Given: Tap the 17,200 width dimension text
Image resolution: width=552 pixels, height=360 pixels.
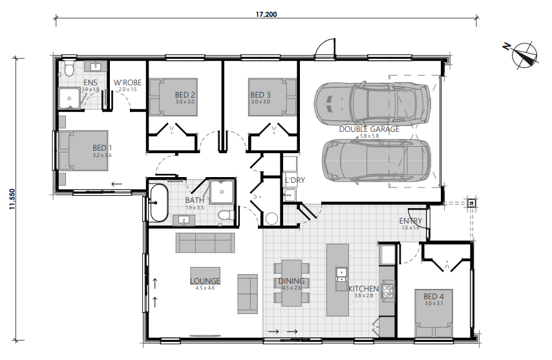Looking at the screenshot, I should click(x=266, y=14).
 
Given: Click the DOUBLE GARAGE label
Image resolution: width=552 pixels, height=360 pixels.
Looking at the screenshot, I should click(x=369, y=129).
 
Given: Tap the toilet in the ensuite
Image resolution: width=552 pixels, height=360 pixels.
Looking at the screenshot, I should click(x=69, y=69).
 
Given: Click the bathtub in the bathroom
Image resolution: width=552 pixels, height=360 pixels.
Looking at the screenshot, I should click(x=158, y=202).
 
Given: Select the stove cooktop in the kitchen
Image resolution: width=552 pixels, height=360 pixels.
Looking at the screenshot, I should click(x=388, y=291).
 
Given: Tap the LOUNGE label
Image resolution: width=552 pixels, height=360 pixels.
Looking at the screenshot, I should click(x=205, y=281).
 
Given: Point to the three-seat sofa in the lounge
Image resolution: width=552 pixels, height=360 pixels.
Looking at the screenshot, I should click(x=205, y=243).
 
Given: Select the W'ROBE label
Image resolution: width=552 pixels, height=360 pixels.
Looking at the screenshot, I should click(x=127, y=83).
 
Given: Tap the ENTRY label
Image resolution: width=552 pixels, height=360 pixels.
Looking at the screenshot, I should click(x=410, y=222).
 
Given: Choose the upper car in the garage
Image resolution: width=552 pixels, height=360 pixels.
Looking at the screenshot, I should click(x=372, y=101).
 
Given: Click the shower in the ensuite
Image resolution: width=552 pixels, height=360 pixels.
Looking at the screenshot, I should click(x=70, y=99).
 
